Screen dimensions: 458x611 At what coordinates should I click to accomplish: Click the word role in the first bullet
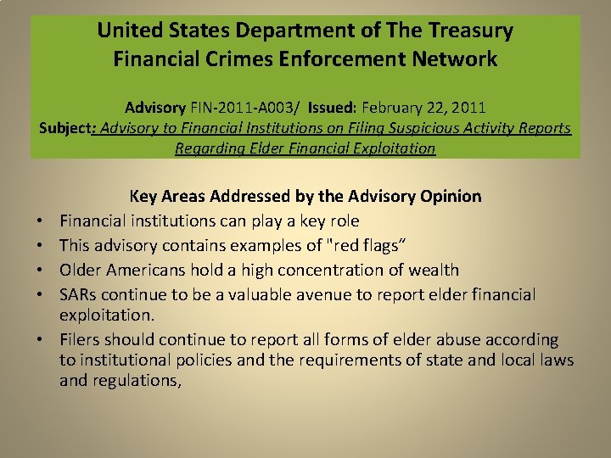[x=342, y=221]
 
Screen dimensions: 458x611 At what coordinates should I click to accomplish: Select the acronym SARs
[x=80, y=295]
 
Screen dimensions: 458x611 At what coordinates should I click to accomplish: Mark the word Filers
[x=81, y=340]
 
